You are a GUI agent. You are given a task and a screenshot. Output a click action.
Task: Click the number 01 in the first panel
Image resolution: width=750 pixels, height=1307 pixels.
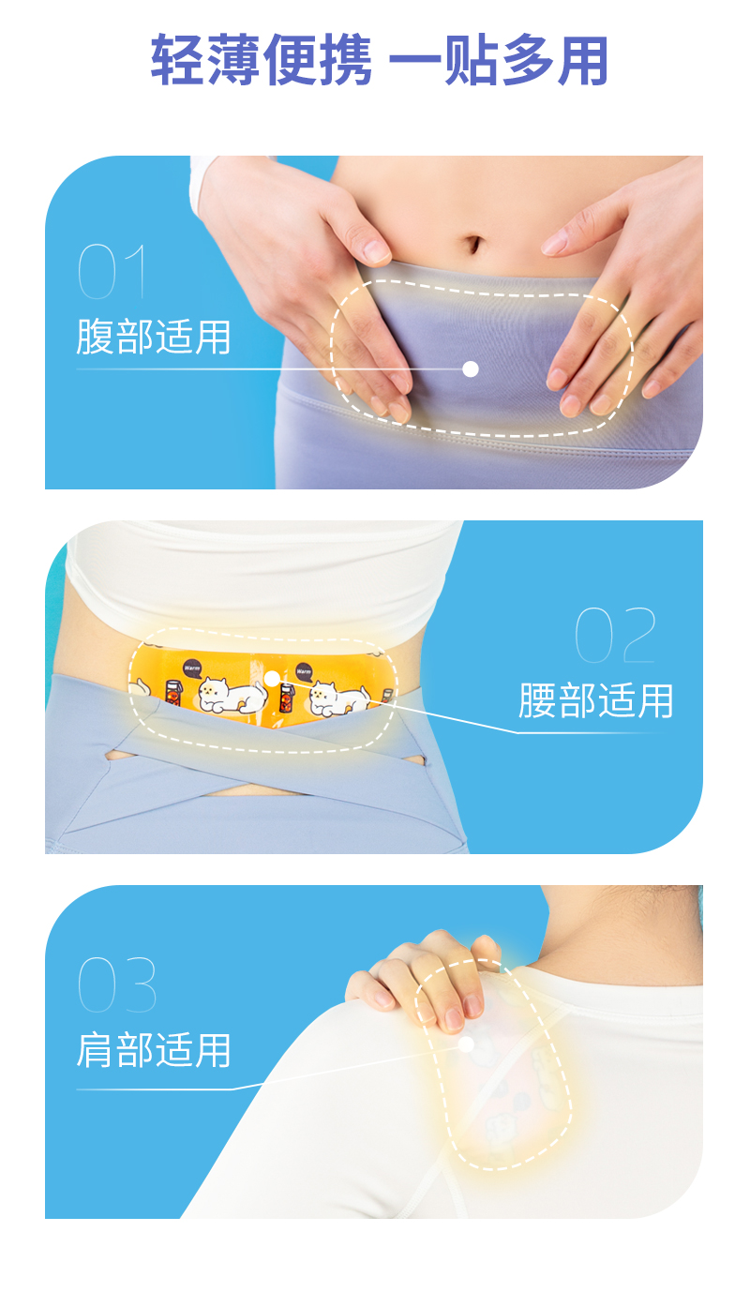pos(112,272)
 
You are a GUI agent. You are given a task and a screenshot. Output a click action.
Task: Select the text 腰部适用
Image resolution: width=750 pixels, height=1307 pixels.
pos(596,700)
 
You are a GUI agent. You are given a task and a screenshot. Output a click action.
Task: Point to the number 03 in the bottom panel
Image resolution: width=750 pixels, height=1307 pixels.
pos(116,984)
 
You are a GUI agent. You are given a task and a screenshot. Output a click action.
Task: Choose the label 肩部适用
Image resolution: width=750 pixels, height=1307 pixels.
pos(154,1050)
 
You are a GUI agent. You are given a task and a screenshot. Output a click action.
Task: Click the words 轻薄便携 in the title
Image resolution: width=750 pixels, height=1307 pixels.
pos(262,62)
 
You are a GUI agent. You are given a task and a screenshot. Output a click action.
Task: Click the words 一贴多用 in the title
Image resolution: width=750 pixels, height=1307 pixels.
pos(499,62)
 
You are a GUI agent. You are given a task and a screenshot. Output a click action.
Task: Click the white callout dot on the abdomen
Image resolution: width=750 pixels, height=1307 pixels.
pos(471,369)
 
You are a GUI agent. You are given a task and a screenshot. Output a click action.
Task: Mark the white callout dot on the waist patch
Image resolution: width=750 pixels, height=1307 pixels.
pos(272,677)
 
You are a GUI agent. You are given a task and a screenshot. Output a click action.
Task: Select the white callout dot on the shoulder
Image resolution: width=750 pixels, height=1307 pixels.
pos(465,1043)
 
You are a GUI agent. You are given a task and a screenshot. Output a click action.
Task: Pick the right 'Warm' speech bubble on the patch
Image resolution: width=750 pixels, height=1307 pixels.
pos(304,670)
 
